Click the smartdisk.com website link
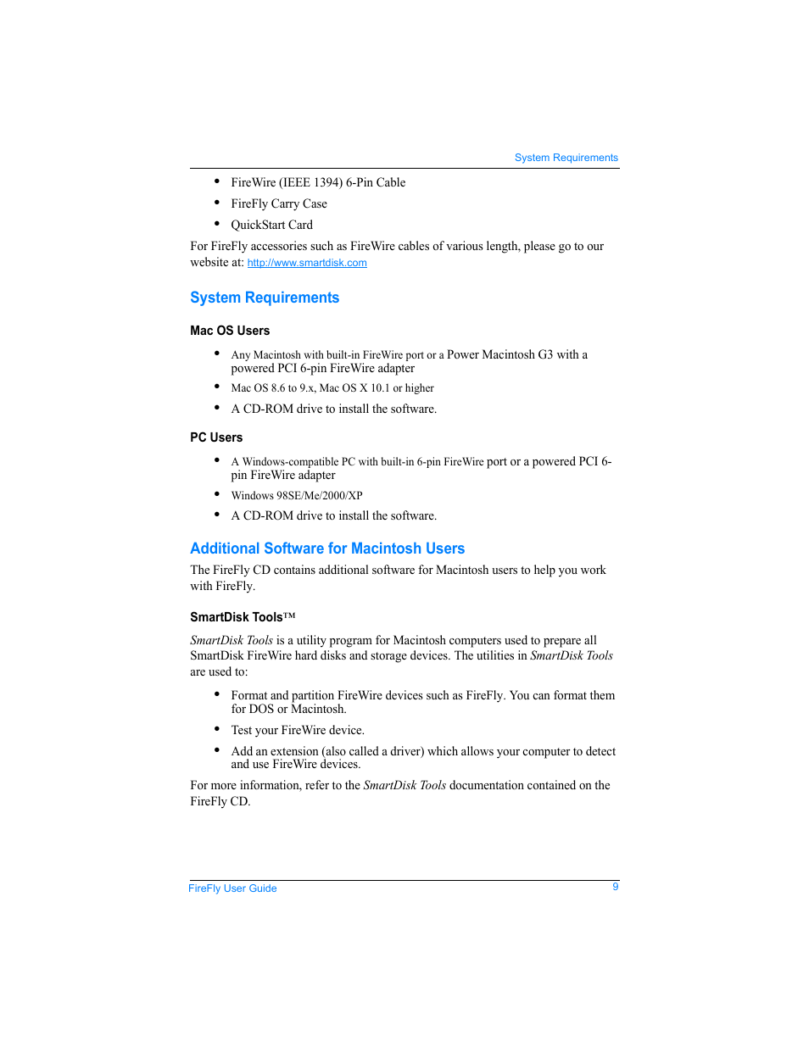307,263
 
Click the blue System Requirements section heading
265,298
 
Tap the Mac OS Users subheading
230,331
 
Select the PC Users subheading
216,437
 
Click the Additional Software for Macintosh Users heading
327,549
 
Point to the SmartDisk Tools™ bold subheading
243,617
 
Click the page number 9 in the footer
616,887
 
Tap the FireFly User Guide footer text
232,888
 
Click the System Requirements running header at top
566,158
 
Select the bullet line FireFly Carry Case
279,203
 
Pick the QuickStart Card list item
271,225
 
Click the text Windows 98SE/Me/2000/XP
297,496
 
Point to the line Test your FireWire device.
298,730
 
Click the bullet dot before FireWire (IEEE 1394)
217,181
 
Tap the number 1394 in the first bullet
328,182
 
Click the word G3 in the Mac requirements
545,354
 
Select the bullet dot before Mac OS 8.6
217,387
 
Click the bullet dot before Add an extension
217,749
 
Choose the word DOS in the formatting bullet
262,709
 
